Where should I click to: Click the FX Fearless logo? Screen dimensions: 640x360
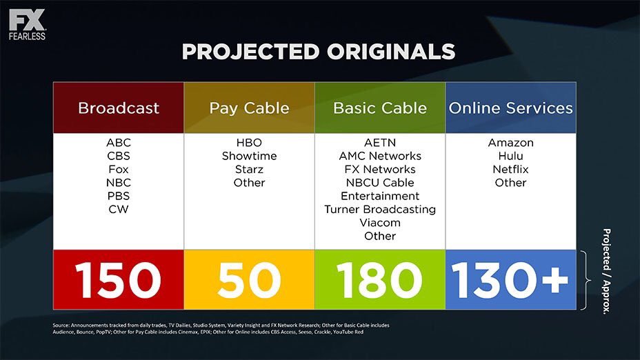[28, 25]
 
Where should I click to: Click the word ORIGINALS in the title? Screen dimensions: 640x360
[390, 52]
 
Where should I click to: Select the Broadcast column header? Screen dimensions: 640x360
[119, 108]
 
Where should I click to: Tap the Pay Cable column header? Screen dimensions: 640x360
[250, 108]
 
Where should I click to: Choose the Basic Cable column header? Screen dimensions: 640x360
[380, 108]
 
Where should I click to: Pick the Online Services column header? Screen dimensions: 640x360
[510, 108]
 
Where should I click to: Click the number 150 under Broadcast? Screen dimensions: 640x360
[119, 280]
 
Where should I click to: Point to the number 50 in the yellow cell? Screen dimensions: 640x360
[250, 280]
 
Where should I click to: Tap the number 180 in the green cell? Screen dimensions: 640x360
[379, 280]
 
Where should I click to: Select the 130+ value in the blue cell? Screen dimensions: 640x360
[510, 280]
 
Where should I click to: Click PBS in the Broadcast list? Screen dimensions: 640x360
[119, 196]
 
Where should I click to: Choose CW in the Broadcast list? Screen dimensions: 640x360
[119, 210]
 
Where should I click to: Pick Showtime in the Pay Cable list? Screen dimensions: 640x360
[250, 156]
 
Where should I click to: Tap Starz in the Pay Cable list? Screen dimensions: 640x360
[250, 170]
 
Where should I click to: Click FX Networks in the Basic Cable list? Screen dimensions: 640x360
[380, 170]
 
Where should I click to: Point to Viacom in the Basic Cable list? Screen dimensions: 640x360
[380, 223]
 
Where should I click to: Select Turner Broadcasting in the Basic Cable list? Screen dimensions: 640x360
[380, 210]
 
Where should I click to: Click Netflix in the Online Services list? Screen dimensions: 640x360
[510, 170]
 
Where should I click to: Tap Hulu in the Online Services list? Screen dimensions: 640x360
[510, 156]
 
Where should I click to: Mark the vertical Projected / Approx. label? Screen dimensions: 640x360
[607, 271]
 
